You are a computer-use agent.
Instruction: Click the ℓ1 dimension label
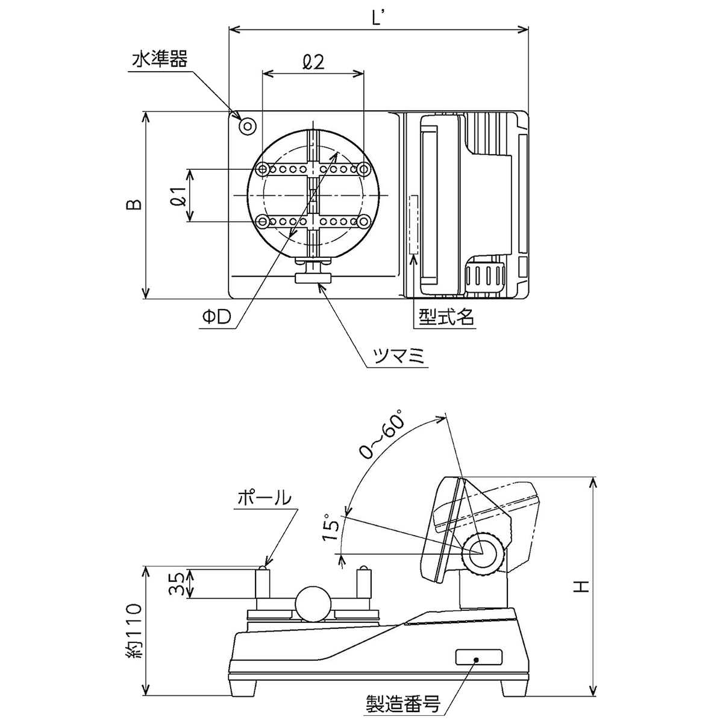tap(177, 196)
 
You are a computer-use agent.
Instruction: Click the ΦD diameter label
tap(217, 318)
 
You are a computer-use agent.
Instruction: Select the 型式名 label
tap(444, 316)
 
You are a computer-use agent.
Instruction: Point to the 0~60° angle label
tap(381, 434)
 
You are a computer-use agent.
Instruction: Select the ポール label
tap(264, 498)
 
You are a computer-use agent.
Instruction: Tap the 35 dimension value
tap(176, 583)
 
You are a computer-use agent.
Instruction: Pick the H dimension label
tap(580, 586)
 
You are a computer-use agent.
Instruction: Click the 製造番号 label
tap(404, 703)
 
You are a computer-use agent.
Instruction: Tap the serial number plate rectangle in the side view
tap(478, 658)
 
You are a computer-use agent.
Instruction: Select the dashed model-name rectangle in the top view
tap(414, 224)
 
